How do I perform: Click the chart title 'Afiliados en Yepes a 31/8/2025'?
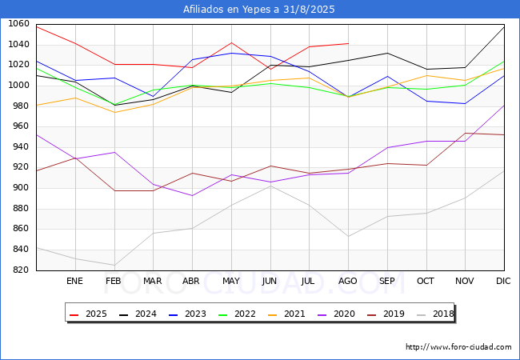pos(258,10)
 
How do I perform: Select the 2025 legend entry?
pos(88,314)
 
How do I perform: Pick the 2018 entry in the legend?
pos(435,314)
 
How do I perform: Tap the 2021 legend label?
pos(286,314)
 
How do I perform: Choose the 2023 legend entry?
pos(187,314)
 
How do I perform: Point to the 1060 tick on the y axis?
pos(18,23)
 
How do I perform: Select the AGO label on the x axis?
pos(347,281)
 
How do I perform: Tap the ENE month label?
pos(74,281)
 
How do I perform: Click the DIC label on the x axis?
pos(503,281)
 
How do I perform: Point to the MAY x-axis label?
pos(231,281)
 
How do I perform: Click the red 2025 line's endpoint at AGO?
pos(348,43)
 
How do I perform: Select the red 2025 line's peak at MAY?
pos(231,42)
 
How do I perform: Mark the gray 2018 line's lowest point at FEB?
pos(114,265)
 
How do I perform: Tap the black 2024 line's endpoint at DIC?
pos(504,27)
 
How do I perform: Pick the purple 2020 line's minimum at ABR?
pos(192,195)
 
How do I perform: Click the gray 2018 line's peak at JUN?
pos(270,186)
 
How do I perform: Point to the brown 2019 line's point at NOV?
pos(466,134)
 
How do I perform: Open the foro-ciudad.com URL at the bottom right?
pos(458,347)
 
